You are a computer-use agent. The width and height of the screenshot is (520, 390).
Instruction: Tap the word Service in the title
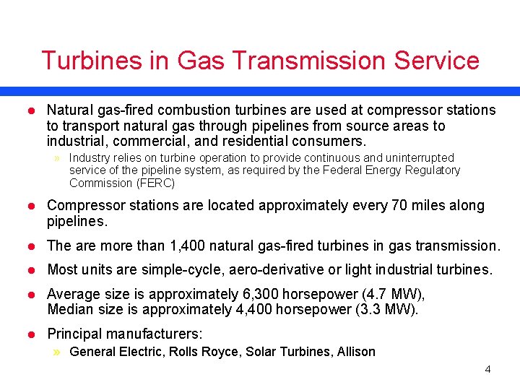tap(436, 61)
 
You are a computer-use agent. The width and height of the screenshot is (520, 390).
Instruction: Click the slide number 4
tap(487, 370)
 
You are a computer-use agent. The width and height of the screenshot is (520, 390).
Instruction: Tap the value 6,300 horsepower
tap(277, 295)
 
